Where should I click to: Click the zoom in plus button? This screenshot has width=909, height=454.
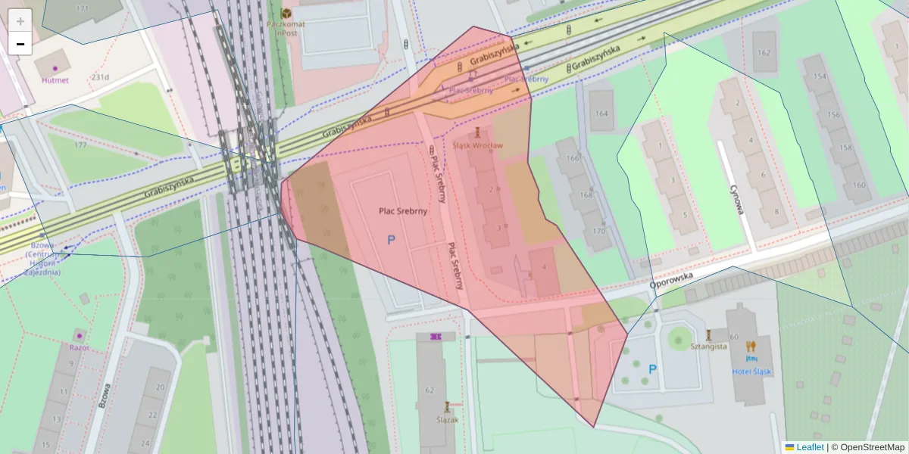20,21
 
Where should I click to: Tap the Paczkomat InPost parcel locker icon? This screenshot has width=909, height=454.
286,14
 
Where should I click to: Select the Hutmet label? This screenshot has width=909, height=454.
55,79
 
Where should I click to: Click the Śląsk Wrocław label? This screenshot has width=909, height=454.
477,145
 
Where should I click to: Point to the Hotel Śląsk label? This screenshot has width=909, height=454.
751,372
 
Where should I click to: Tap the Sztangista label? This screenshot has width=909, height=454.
708,346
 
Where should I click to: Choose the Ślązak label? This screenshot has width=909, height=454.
447,419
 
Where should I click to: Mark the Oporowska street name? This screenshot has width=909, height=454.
671,282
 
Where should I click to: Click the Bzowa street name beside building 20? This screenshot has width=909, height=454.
105,395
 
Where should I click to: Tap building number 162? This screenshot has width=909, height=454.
763,53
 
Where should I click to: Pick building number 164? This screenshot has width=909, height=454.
601,113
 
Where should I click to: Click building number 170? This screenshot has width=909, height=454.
598,231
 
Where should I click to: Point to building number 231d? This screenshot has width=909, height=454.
100,76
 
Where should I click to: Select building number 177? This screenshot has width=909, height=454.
80,145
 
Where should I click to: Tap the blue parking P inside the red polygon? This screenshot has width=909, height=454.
392,240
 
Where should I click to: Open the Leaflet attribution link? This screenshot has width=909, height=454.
810,447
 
